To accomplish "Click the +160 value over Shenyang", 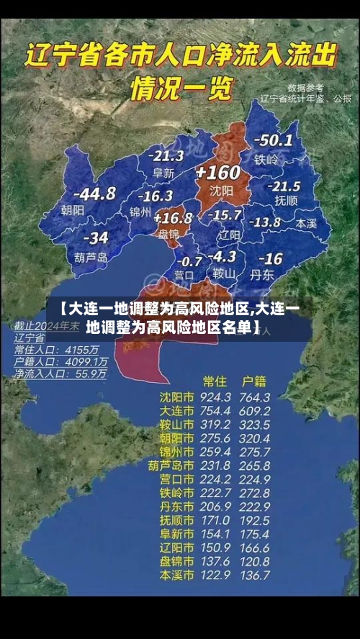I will coord(217,173).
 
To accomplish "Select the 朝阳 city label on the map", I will coord(73,210).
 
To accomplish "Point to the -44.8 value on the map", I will coord(94,193).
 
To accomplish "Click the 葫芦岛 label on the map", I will coord(91,257).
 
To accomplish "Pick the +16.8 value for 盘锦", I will coord(173,217).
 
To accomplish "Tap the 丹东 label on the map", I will coord(262,274).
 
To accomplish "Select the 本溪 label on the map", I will coord(306,224).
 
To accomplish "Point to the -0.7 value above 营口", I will coord(189,260).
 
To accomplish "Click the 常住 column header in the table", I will coord(215,381).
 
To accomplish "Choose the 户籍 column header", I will coord(254,381).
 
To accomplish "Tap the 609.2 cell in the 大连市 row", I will coord(255,411).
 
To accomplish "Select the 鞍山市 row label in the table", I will coord(176,425).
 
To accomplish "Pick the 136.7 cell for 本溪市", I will coord(255,575).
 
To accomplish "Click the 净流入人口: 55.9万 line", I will coord(60,374).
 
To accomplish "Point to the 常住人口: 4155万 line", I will coord(60,349).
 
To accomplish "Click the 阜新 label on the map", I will coord(163,173).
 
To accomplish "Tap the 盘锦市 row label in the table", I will coord(176,561).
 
